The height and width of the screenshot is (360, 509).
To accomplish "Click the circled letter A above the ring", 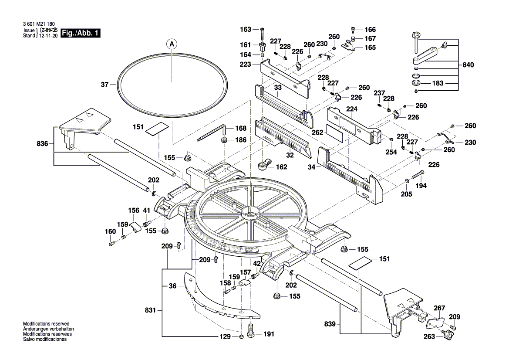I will pos(172,44).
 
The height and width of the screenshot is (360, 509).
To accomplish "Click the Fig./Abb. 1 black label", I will pos(81,34).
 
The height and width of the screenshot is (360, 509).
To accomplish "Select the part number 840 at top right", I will pos(469,65).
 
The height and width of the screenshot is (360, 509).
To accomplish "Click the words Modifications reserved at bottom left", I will pos(46,324).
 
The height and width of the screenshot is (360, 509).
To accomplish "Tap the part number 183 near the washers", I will pos(438,83).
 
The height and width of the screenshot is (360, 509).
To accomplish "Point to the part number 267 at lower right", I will pos(440,308).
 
